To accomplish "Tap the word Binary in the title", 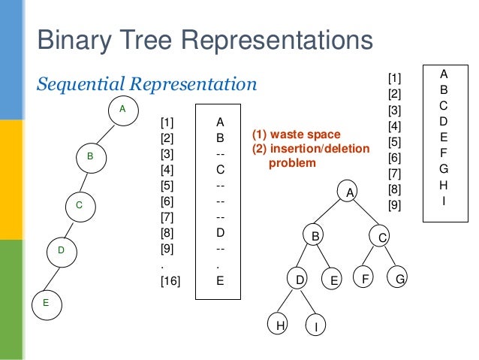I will coord(73,40).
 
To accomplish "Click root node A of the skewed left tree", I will coord(123,110).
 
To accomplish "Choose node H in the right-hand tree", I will coord(280,325).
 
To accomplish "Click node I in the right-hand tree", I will coord(316,326).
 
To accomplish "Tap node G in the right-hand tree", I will coord(400,280).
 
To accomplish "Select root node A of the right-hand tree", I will coord(348,192).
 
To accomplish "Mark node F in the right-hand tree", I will coord(365,280).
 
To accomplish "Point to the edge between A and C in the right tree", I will coord(366,214).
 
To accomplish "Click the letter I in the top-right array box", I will coord(444,201).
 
